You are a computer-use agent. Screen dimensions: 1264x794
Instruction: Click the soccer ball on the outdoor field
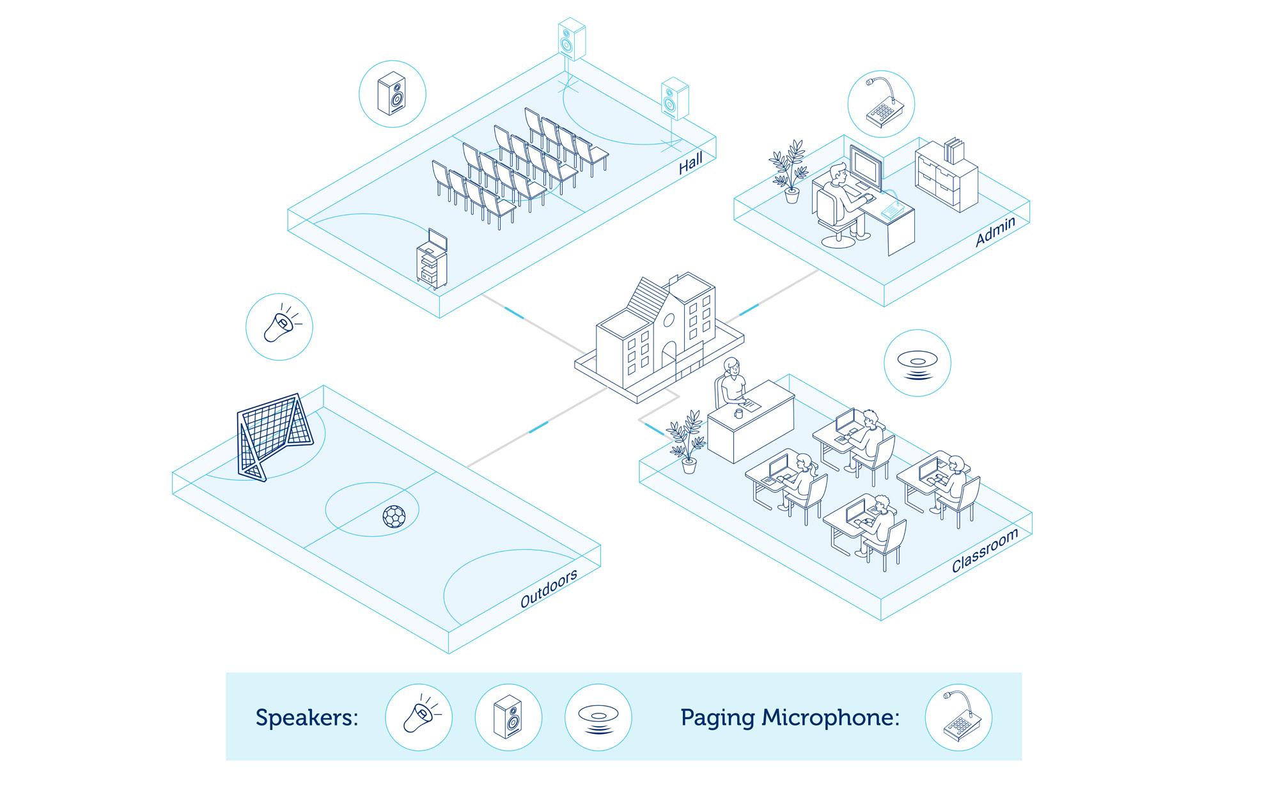click(x=393, y=516)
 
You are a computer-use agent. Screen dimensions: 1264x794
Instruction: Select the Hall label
click(x=691, y=163)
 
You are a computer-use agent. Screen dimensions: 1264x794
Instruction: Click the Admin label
click(x=995, y=231)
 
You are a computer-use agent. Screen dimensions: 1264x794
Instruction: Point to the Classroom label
click(x=984, y=551)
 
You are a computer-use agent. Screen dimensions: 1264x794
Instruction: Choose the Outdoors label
click(x=549, y=588)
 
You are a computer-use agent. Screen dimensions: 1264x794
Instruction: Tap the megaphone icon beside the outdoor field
click(x=279, y=327)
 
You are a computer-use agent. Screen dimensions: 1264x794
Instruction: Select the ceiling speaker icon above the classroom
click(x=917, y=363)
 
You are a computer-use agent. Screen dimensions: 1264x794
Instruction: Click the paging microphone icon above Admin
click(x=881, y=104)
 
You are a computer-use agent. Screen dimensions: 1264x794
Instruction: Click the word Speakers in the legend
click(x=306, y=717)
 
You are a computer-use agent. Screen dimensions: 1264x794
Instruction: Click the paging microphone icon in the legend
click(x=958, y=717)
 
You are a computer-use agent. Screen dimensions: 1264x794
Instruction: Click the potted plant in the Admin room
click(x=789, y=169)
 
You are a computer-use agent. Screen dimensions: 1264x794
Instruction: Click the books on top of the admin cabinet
click(x=954, y=151)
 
